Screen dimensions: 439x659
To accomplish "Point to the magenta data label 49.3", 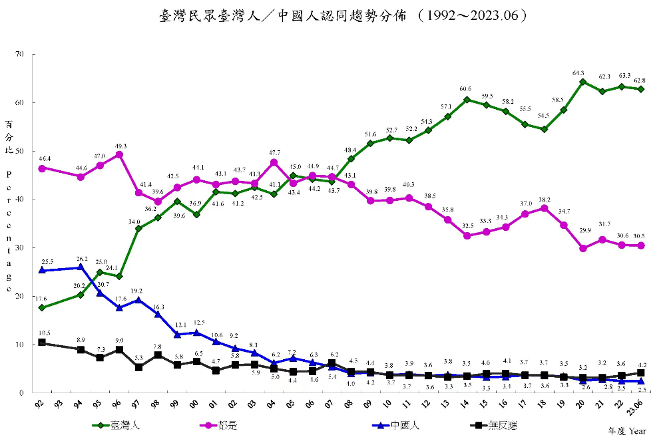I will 120,146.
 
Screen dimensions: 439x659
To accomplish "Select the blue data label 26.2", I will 82,259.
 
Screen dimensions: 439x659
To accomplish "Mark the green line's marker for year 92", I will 42,308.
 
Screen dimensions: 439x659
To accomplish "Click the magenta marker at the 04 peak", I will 274,162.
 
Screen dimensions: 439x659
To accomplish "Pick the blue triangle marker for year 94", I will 81,267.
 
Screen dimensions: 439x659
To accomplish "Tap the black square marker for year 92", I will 42,343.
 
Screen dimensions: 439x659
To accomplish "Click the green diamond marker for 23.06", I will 641,89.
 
